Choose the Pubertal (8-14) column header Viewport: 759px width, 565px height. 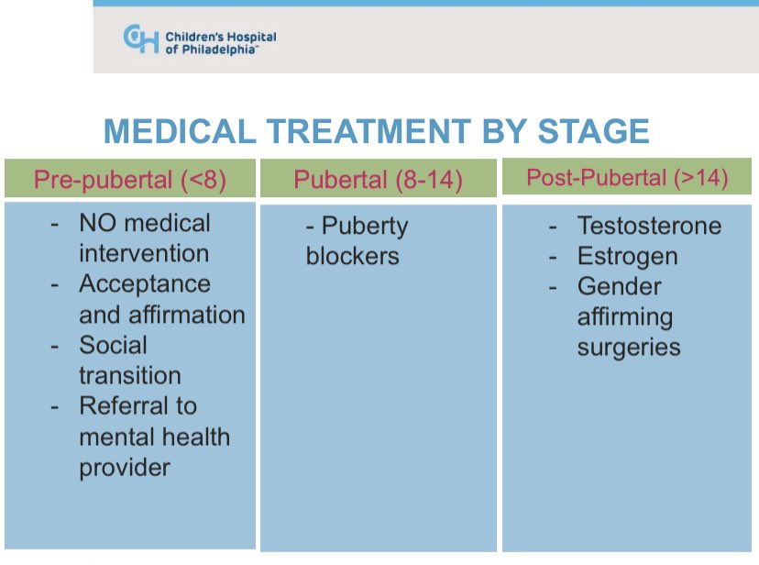point(378,179)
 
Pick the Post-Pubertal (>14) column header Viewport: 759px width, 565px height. point(627,178)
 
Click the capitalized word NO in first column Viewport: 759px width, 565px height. point(97,223)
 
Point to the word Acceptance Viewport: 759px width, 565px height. point(145,284)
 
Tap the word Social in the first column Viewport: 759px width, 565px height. point(113,345)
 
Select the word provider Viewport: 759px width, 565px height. point(125,467)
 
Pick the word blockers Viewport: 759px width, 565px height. point(353,256)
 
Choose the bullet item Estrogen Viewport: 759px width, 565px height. point(627,256)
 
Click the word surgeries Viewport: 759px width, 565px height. point(629,348)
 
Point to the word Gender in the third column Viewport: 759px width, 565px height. point(619,286)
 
